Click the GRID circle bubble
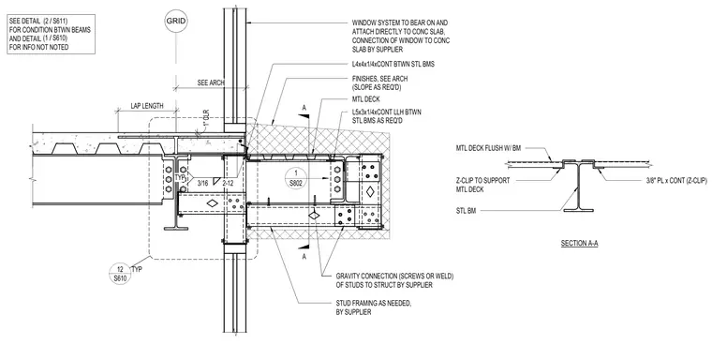click(176, 21)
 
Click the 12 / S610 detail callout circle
click(120, 274)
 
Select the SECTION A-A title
click(579, 243)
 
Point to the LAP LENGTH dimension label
click(147, 106)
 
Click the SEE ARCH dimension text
click(211, 82)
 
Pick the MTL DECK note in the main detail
click(366, 99)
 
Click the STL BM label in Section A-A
click(467, 211)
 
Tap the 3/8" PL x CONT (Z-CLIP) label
click(676, 180)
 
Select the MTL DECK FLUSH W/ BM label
click(489, 148)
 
